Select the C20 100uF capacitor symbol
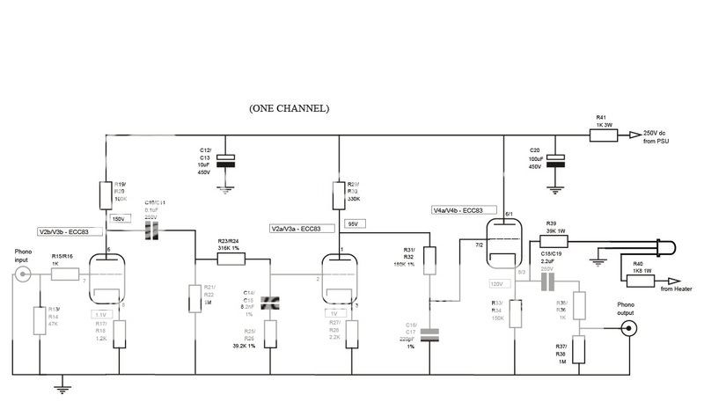point(555,162)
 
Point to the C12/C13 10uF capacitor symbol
point(227,159)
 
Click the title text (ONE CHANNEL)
point(290,108)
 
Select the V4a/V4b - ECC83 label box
point(458,210)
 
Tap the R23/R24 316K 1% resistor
point(231,259)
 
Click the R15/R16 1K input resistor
point(65,274)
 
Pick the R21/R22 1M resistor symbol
point(194,299)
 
